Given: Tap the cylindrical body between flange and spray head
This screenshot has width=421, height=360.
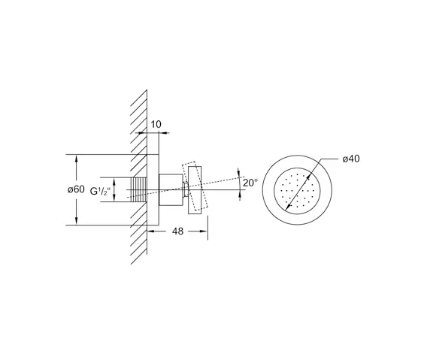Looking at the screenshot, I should pos(170,190).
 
